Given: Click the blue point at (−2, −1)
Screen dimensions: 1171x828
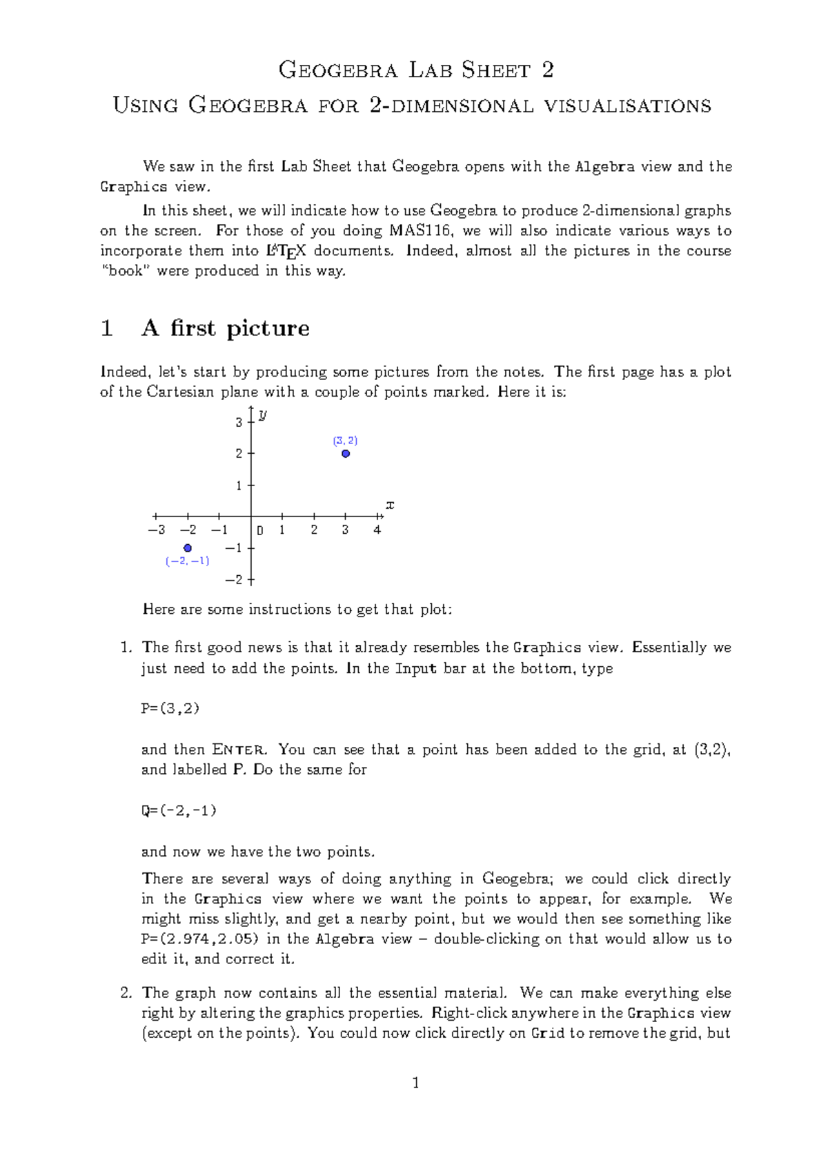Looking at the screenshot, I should click(188, 548).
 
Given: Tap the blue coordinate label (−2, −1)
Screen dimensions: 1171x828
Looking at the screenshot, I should click(188, 561).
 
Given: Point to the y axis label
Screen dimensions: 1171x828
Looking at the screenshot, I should click(263, 414).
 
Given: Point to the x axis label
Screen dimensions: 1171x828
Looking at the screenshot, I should click(390, 506).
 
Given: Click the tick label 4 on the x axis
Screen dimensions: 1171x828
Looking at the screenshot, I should click(377, 530).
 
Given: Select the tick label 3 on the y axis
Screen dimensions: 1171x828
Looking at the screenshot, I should click(239, 422).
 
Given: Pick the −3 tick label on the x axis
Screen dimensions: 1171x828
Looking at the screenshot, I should click(157, 530).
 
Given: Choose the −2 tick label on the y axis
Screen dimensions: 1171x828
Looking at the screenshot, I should click(234, 580).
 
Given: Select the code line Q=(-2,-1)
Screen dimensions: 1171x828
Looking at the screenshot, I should click(179, 811).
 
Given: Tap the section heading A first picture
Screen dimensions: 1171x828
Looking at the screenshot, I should click(226, 328).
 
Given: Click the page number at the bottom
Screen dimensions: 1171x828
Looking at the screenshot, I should click(415, 1083).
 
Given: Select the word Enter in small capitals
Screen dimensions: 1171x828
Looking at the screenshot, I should click(238, 750).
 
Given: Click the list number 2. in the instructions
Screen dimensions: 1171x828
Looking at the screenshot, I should click(126, 993).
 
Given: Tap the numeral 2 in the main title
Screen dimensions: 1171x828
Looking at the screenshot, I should click(547, 70).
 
